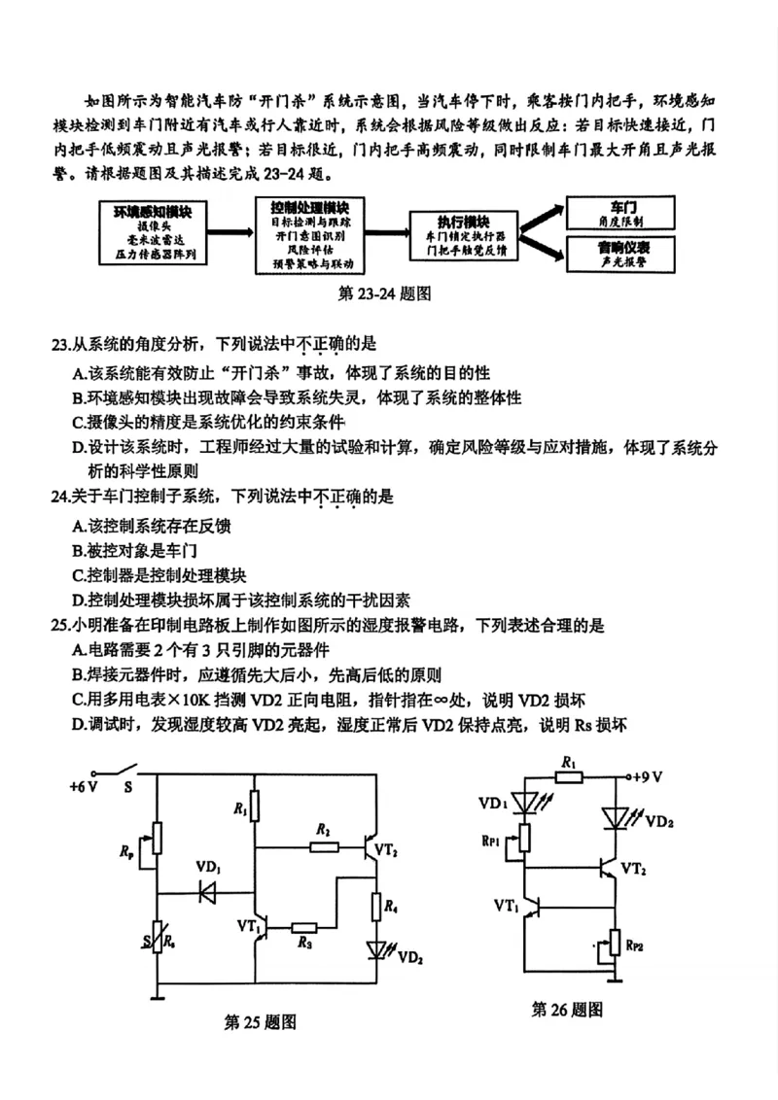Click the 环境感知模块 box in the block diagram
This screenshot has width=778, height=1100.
(x=153, y=233)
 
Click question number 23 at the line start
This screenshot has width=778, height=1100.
(x=59, y=344)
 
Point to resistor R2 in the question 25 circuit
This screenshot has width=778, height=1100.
(x=324, y=846)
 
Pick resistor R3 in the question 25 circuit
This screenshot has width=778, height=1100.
(x=304, y=927)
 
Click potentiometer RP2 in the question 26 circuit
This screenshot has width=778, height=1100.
(x=613, y=944)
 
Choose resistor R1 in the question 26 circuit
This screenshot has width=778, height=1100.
(x=569, y=776)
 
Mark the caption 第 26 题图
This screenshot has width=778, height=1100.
(x=567, y=1010)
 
